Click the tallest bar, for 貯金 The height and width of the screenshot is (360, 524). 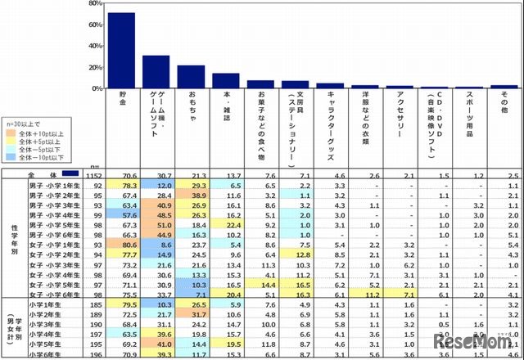(x=121, y=50)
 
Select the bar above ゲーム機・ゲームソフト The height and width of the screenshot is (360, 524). (x=156, y=71)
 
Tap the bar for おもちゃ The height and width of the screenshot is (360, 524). (x=191, y=76)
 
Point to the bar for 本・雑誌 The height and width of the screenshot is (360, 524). (x=225, y=80)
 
